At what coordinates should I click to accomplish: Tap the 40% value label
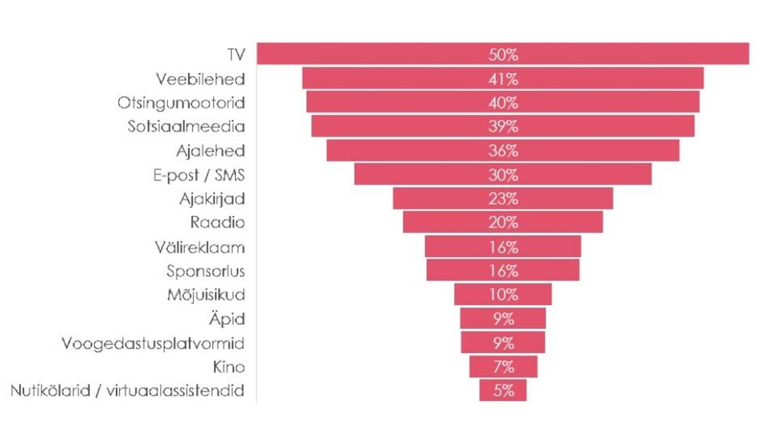coord(503,103)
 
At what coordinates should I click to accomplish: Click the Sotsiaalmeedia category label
coord(186,127)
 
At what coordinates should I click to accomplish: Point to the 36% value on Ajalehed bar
coord(503,151)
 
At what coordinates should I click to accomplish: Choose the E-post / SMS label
coord(199,175)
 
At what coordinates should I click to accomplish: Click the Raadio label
coord(217,222)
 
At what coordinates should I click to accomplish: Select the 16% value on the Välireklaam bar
coord(503,247)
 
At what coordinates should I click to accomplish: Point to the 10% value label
coord(503,295)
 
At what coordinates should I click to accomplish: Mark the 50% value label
coord(503,55)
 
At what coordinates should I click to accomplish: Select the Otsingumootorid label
coord(181,103)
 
